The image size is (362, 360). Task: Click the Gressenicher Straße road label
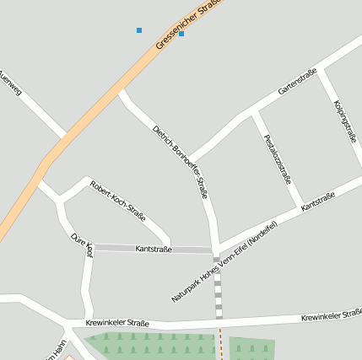pyautogui.click(x=187, y=25)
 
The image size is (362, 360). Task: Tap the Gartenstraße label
pyautogui.click(x=298, y=82)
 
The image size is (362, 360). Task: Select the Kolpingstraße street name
pyautogui.click(x=345, y=121)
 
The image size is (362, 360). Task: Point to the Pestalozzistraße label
pyautogui.click(x=278, y=159)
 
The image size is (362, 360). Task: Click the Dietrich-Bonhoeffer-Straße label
pyautogui.click(x=180, y=162)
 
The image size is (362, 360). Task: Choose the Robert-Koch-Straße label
pyautogui.click(x=118, y=201)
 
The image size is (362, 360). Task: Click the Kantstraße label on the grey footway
pyautogui.click(x=154, y=250)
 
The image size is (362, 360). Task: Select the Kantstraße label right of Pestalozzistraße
pyautogui.click(x=318, y=201)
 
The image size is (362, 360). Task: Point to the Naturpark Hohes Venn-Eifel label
pyautogui.click(x=224, y=262)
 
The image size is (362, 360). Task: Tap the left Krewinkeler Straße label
pyautogui.click(x=117, y=323)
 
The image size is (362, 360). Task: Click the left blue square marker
pyautogui.click(x=139, y=30)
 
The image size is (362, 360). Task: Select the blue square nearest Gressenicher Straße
pyautogui.click(x=181, y=34)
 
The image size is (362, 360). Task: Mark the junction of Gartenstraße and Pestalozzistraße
pyautogui.click(x=252, y=112)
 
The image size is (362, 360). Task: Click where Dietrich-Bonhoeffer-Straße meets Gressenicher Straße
pyautogui.click(x=122, y=90)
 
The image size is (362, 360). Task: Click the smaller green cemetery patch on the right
pyautogui.click(x=252, y=348)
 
